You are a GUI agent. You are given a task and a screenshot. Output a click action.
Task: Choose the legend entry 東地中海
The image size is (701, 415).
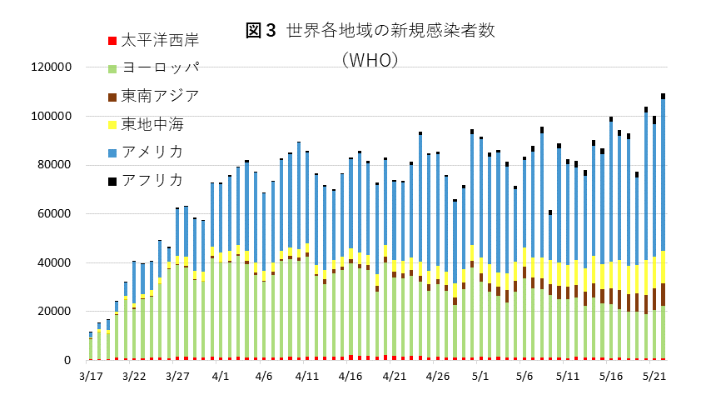[x=152, y=124]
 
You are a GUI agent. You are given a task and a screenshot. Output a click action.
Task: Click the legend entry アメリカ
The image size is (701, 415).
[x=152, y=152]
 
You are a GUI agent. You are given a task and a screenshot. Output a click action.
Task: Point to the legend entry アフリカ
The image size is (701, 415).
[x=152, y=180]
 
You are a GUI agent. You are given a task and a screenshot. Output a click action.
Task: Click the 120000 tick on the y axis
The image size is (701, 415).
[x=52, y=67]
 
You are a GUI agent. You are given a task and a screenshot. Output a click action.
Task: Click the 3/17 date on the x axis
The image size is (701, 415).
[x=91, y=377]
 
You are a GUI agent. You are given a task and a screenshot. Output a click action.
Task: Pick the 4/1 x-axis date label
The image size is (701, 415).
[x=221, y=377]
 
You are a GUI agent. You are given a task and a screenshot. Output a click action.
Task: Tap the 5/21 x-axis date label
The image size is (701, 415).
[x=654, y=377]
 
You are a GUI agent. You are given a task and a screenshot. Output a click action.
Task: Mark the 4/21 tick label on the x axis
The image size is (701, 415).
[x=394, y=377]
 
